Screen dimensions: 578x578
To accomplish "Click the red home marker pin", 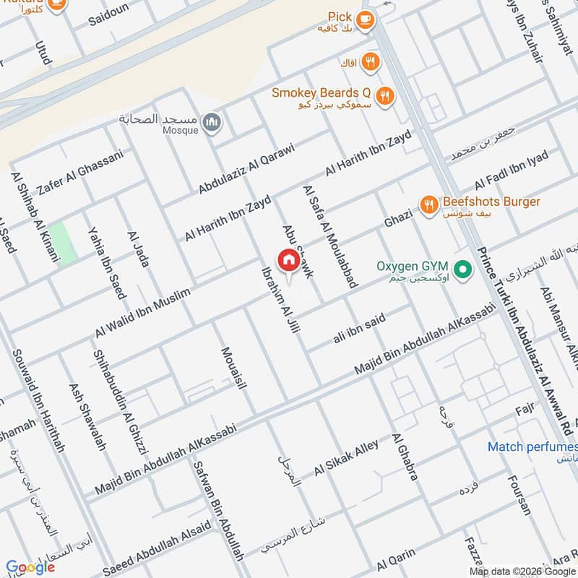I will [x=288, y=261].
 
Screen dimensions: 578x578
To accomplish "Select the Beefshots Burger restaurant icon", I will [x=430, y=206].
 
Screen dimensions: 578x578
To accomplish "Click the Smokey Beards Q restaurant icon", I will [x=385, y=97].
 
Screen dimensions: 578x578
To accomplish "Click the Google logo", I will [x=30, y=567].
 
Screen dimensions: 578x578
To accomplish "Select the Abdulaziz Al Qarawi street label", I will [x=247, y=169].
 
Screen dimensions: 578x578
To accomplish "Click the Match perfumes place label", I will [x=532, y=447].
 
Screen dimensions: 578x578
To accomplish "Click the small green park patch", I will [x=62, y=243].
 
